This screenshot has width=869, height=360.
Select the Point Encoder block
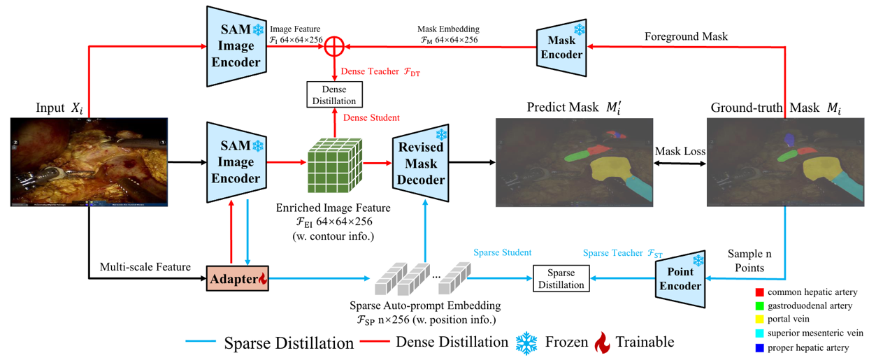[682, 282]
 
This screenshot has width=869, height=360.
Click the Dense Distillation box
[334, 94]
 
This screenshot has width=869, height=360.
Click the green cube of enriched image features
[333, 165]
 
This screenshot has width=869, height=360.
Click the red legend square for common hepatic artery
[759, 292]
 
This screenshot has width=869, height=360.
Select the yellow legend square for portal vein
[759, 319]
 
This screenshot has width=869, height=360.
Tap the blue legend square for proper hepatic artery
[759, 347]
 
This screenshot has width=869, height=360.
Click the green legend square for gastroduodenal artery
[759, 305]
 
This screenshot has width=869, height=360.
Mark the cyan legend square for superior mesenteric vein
[759, 333]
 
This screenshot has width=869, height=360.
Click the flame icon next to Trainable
[602, 343]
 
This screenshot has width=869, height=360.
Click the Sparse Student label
[502, 252]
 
